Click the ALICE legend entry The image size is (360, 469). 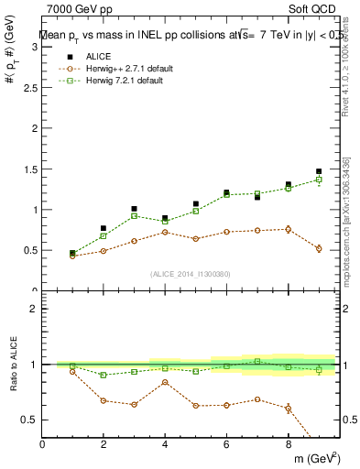(x=96, y=57)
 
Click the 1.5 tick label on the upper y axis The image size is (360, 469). (x=31, y=169)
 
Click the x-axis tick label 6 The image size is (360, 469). (x=226, y=445)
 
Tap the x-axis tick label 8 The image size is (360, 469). (x=288, y=445)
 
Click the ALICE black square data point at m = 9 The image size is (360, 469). (x=319, y=171)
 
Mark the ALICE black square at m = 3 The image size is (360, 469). (x=134, y=209)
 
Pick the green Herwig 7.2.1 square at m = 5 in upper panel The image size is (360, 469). (x=196, y=212)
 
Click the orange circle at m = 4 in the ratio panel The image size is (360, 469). (x=165, y=382)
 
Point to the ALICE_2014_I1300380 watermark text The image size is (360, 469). (x=191, y=273)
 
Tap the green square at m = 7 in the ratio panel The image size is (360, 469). (x=257, y=361)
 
